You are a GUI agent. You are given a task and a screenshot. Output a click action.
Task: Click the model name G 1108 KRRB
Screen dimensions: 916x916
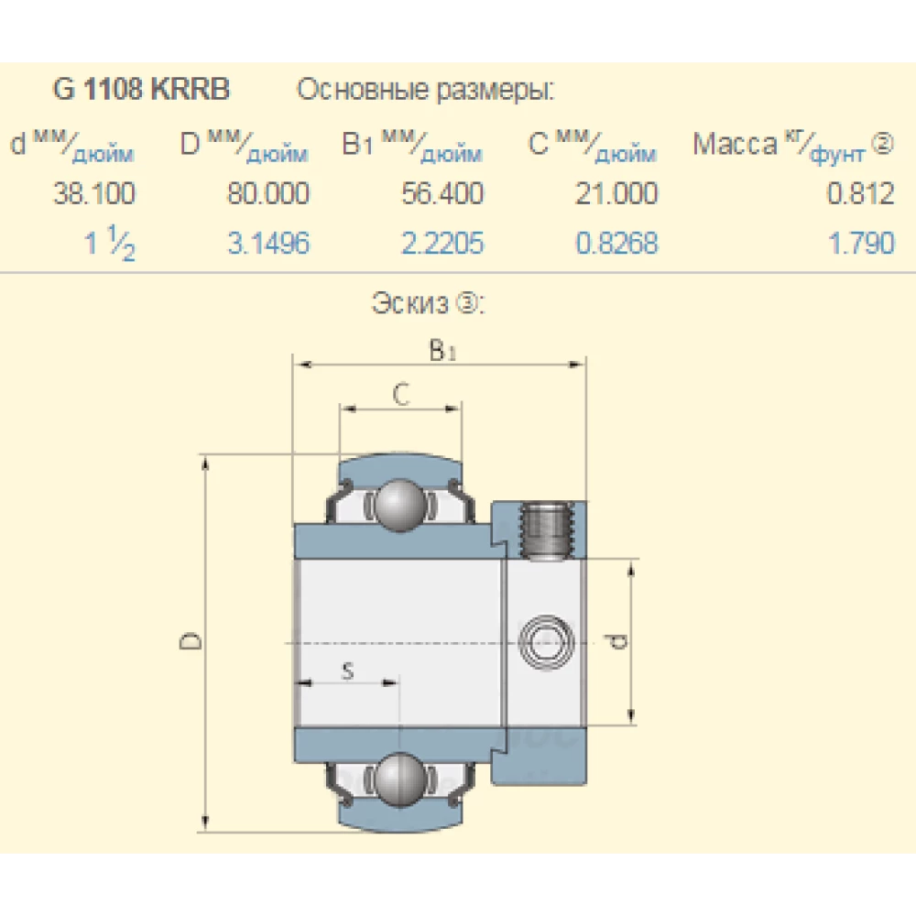click(141, 91)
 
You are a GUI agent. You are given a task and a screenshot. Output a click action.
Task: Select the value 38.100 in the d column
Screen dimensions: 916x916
click(94, 194)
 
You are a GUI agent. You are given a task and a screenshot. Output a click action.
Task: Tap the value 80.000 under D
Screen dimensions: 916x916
click(268, 194)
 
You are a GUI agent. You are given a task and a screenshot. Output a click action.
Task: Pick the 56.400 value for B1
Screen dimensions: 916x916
click(442, 194)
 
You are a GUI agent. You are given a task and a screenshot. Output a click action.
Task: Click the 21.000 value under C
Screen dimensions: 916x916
click(616, 194)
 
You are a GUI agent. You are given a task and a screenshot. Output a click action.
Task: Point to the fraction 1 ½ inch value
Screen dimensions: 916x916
click(110, 245)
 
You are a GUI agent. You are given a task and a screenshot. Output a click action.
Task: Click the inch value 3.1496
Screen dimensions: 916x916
click(268, 244)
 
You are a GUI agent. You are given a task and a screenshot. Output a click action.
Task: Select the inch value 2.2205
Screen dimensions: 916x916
click(442, 244)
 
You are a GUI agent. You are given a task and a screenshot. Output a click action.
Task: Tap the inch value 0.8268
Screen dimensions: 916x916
click(616, 244)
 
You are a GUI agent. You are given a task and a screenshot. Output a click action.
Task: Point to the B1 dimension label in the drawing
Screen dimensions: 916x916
click(442, 350)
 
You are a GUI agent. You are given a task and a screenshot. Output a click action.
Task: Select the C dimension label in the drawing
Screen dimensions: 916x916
click(400, 395)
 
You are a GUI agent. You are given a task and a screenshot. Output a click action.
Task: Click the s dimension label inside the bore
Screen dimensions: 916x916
click(347, 671)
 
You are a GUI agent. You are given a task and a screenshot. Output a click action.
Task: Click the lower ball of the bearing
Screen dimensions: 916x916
click(399, 778)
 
